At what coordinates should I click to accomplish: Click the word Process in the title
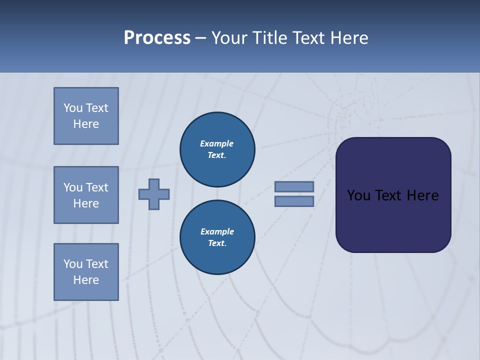pos(157,38)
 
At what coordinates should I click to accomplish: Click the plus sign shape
pos(154,194)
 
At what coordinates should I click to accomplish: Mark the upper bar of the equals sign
pos(294,186)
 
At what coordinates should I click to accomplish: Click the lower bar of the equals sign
pos(294,201)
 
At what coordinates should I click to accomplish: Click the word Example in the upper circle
pos(217,143)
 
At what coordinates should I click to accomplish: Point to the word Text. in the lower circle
pos(217,243)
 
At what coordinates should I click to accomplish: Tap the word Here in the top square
pos(86,124)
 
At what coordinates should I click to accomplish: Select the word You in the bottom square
pos(73,263)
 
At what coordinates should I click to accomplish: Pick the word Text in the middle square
pos(97,187)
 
